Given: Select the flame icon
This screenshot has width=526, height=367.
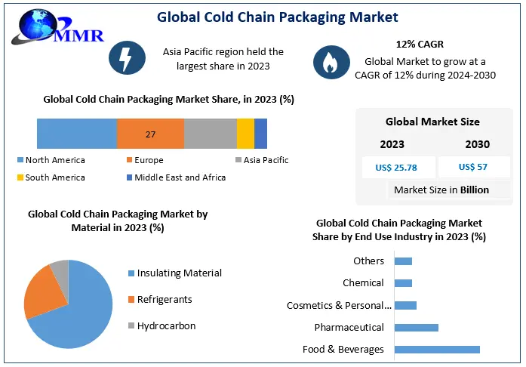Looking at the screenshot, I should pyautogui.click(x=330, y=64).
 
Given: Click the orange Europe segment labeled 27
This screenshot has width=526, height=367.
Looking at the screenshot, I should pyautogui.click(x=150, y=134).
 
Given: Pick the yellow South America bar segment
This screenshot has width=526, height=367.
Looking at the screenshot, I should pyautogui.click(x=245, y=134).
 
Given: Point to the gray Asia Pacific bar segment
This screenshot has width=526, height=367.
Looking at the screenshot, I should pyautogui.click(x=210, y=134).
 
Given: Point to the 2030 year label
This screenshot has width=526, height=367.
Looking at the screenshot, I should pyautogui.click(x=477, y=144).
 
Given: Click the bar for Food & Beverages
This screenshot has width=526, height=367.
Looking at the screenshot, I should pyautogui.click(x=436, y=349).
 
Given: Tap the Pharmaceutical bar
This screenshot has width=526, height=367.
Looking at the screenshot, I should pyautogui.click(x=416, y=327).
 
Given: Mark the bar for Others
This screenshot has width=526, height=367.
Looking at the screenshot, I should pyautogui.click(x=403, y=261).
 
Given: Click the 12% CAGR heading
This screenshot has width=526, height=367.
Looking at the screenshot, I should pyautogui.click(x=420, y=45).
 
